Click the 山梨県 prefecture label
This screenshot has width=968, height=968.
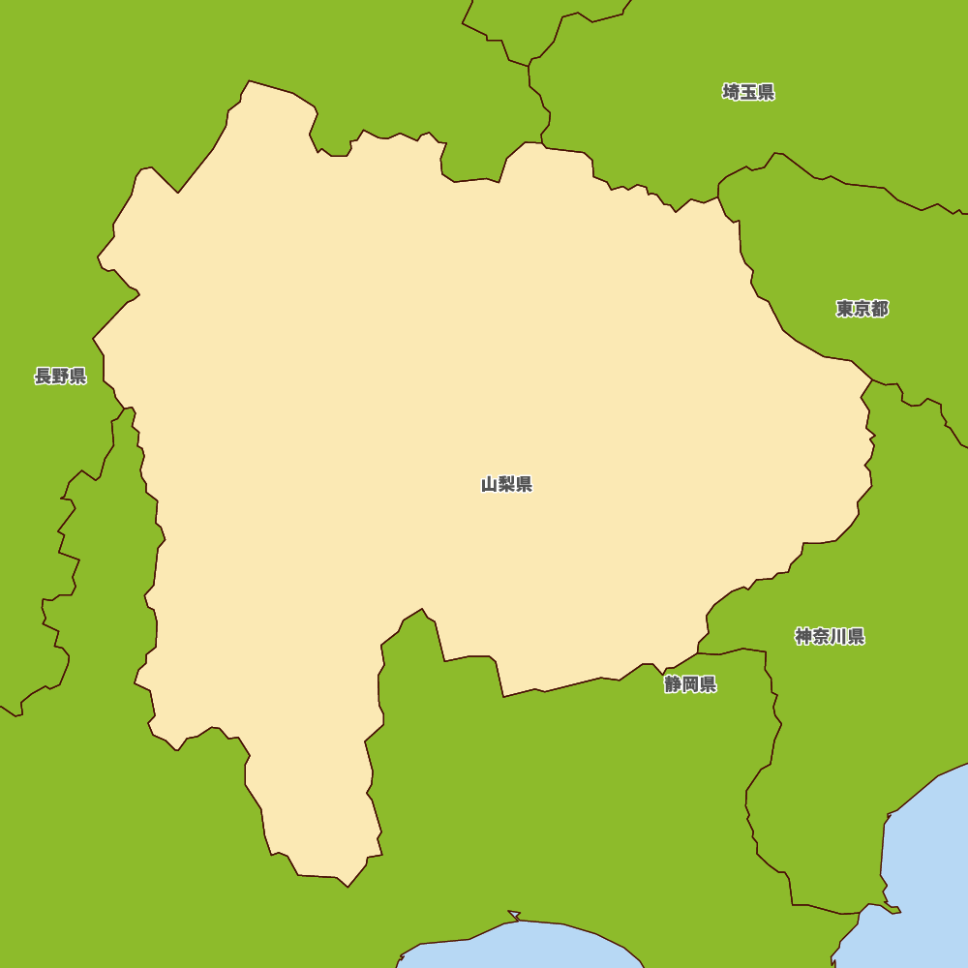(506, 484)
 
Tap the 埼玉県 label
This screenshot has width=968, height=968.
(748, 92)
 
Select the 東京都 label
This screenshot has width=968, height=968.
(862, 309)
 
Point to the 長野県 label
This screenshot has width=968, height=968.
(60, 376)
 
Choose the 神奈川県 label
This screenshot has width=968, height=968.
(830, 636)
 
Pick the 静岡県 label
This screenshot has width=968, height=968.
(690, 684)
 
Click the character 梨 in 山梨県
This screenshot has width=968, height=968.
(506, 484)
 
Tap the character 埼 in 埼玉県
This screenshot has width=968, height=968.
(731, 92)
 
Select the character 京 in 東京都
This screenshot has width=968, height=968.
(862, 309)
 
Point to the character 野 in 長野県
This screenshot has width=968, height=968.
(60, 376)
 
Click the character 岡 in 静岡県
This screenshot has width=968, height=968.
(690, 684)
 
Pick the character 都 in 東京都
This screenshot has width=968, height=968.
(879, 309)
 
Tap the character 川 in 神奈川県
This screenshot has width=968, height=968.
(838, 636)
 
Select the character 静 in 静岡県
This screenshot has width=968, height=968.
(673, 684)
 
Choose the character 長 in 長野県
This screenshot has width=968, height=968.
(43, 376)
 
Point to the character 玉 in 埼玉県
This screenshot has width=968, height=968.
(748, 92)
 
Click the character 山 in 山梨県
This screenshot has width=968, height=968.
(489, 484)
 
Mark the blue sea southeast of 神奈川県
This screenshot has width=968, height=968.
(929, 852)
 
